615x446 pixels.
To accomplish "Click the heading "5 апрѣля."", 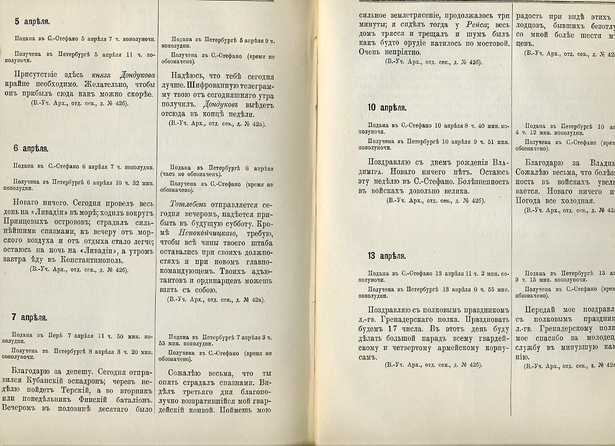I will click(x=32, y=22).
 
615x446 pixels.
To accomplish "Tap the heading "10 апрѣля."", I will click(x=387, y=108).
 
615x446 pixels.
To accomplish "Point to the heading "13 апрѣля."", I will click(x=387, y=256).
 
